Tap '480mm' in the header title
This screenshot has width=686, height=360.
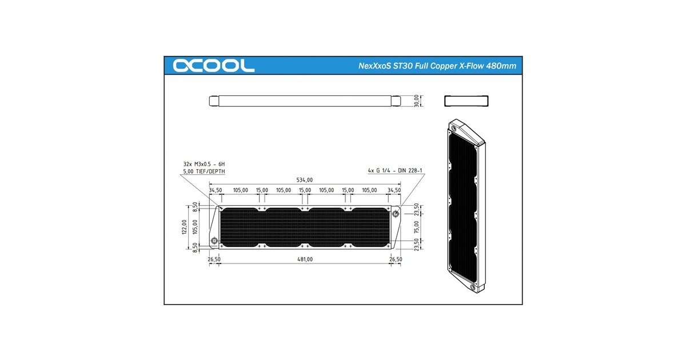click(501, 66)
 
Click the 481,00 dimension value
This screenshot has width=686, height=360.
click(305, 259)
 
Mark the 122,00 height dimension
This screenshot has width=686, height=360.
click(184, 226)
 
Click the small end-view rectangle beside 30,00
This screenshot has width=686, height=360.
click(467, 101)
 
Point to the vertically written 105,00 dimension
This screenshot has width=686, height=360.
click(195, 226)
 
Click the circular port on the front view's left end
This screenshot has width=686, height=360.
click(214, 241)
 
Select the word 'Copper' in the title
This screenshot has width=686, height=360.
click(438, 66)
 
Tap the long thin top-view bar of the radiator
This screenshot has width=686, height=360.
click(305, 101)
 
